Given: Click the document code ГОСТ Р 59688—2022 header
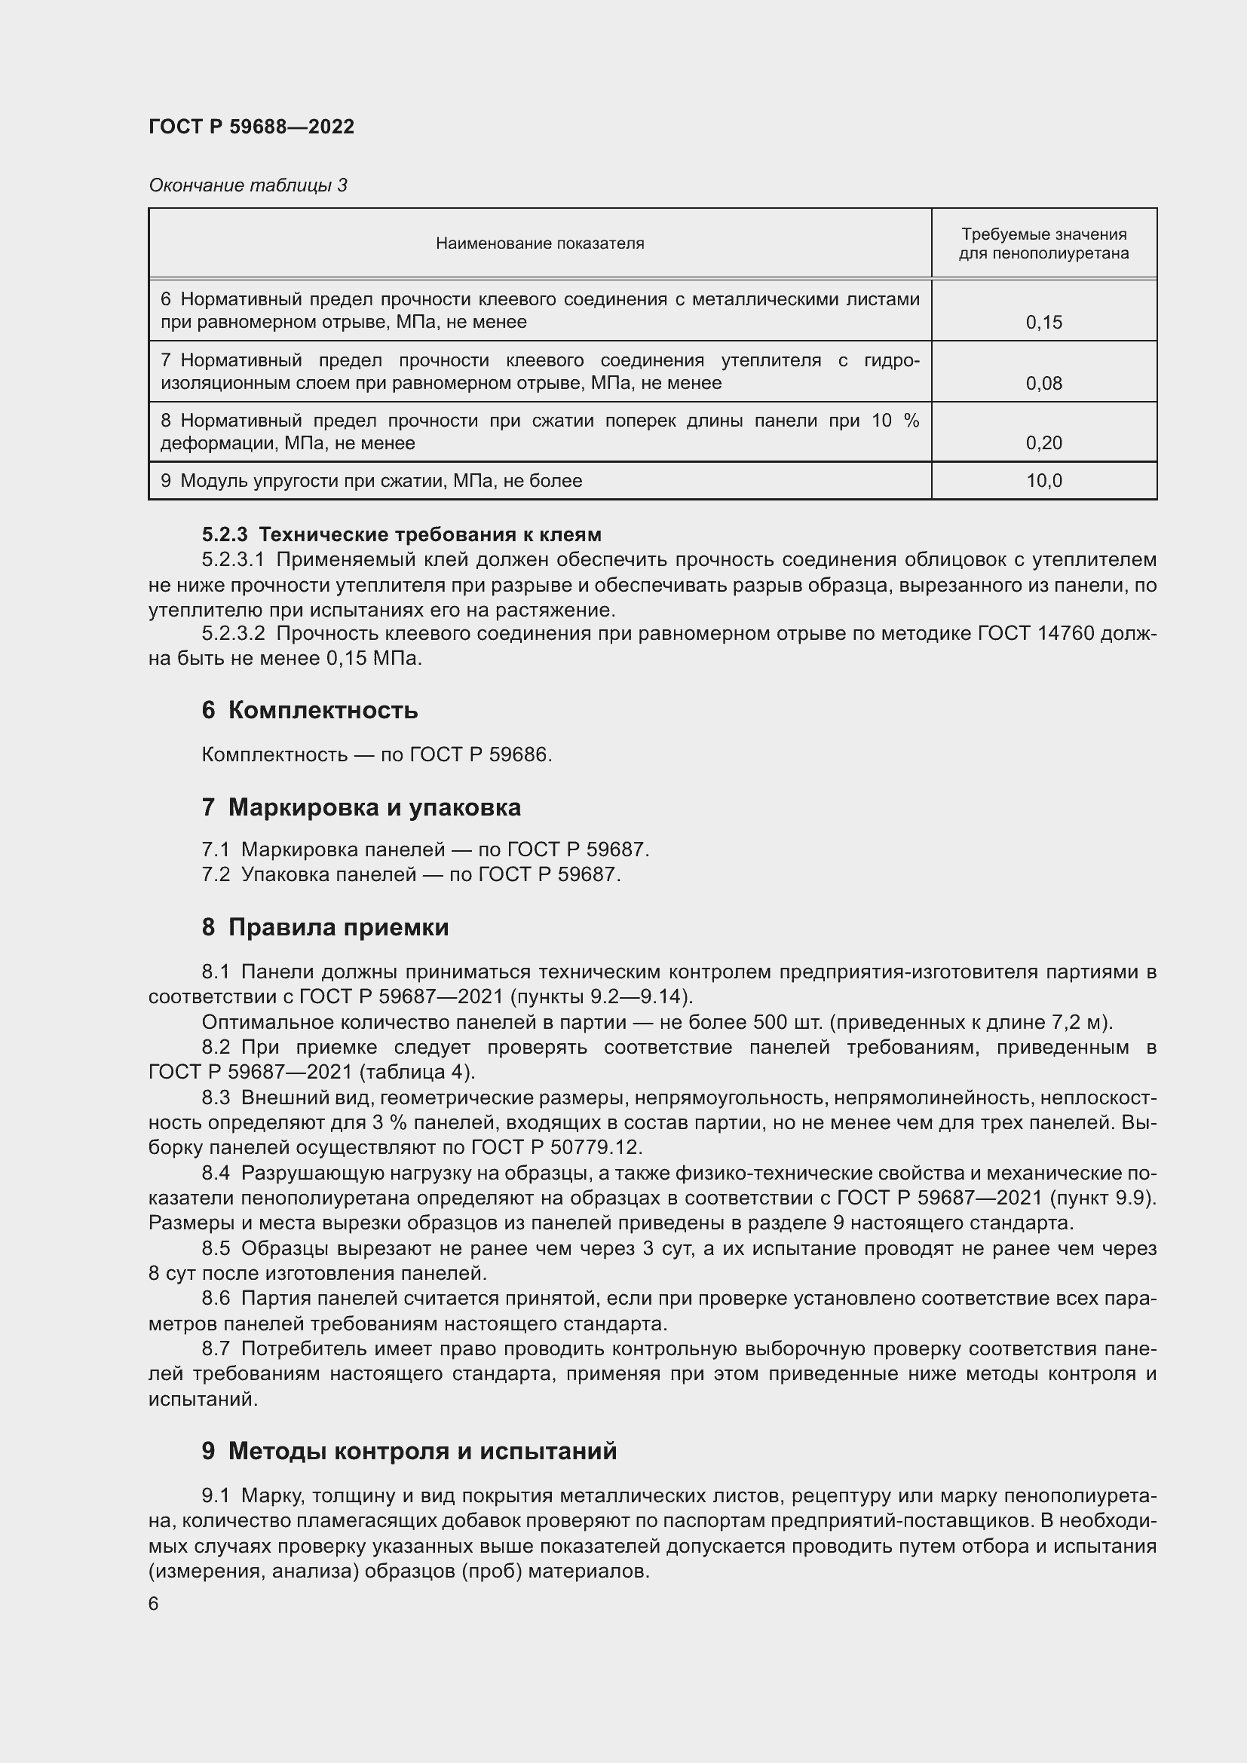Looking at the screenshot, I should click(251, 127).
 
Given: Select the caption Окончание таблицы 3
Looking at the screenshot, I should click(247, 185).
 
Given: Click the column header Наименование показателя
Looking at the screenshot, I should click(540, 243).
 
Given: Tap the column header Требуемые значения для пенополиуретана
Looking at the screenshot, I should click(1043, 243).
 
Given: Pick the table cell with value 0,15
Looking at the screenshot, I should click(1043, 323).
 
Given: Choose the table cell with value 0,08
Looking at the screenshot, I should click(1043, 383).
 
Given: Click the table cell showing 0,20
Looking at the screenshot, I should click(1043, 443).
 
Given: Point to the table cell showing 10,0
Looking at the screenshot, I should click(1043, 482).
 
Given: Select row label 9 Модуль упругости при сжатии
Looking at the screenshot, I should click(371, 482).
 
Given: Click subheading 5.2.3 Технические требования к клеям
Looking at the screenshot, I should click(402, 534).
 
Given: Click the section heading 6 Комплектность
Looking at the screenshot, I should click(309, 710).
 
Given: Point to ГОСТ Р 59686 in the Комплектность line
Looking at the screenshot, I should click(480, 754).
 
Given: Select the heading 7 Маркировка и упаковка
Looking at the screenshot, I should click(361, 807).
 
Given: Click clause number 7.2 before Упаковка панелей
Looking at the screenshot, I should click(216, 874).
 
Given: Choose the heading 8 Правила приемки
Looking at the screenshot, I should click(325, 928).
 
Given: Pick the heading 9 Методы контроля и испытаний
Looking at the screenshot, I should click(409, 1451).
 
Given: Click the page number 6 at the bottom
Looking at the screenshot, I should click(154, 1604).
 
